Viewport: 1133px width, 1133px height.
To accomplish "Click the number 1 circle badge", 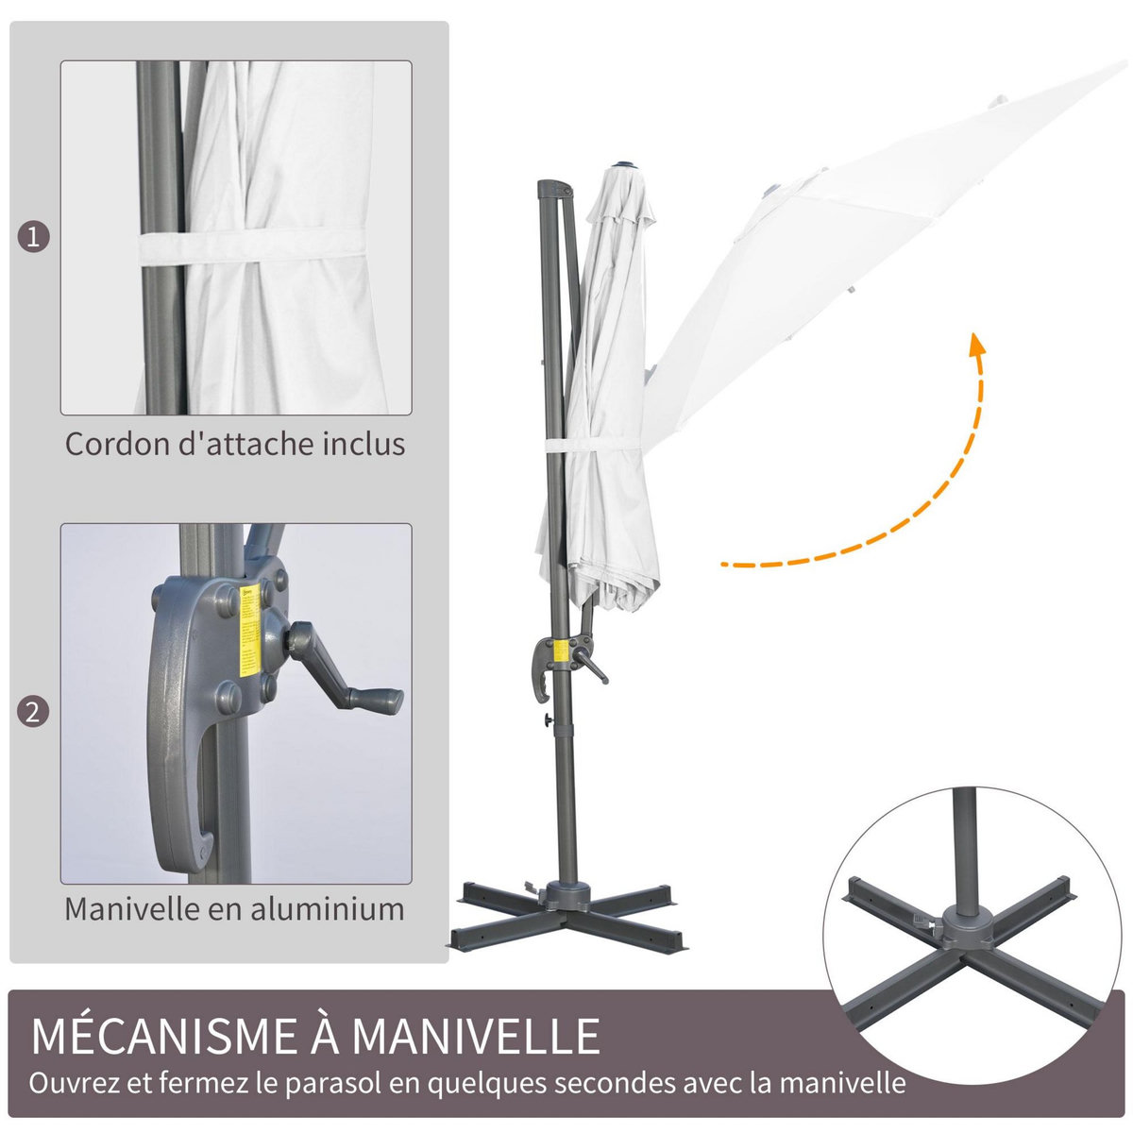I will [x=34, y=237].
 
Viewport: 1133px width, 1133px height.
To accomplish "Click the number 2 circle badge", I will [x=34, y=710].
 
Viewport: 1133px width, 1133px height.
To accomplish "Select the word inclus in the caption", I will [x=363, y=444].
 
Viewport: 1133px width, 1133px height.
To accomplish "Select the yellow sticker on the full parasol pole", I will [x=560, y=651].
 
